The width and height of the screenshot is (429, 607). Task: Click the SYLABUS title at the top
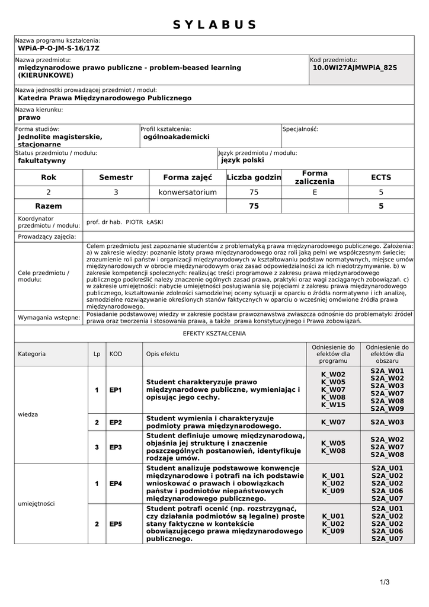point(214,25)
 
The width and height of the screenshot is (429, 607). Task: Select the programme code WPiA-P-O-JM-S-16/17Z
point(59,48)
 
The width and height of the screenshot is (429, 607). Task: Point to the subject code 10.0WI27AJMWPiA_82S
point(354,68)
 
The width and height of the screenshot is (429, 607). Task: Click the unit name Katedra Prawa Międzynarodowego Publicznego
point(105,98)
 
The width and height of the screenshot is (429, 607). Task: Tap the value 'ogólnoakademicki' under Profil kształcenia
point(177,137)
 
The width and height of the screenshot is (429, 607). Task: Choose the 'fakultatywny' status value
point(42,161)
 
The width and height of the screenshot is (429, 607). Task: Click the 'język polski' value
point(242,160)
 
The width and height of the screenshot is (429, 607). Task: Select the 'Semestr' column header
point(116,177)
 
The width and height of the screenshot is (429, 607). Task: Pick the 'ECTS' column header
point(381,177)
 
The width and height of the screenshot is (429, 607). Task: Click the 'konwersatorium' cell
point(187,192)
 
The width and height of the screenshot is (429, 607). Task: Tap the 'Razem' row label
point(49,206)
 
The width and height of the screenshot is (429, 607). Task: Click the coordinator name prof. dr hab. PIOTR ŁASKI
point(124,222)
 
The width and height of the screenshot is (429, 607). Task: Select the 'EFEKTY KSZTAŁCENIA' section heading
point(214,334)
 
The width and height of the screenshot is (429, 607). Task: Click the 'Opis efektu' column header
point(163,354)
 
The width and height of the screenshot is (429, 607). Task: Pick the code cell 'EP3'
point(116,447)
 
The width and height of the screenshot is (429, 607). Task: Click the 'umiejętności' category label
point(37,503)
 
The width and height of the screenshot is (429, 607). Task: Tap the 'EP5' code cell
point(116,524)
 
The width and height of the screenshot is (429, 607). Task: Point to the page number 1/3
point(385,582)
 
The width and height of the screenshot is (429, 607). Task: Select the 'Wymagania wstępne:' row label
point(49,318)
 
